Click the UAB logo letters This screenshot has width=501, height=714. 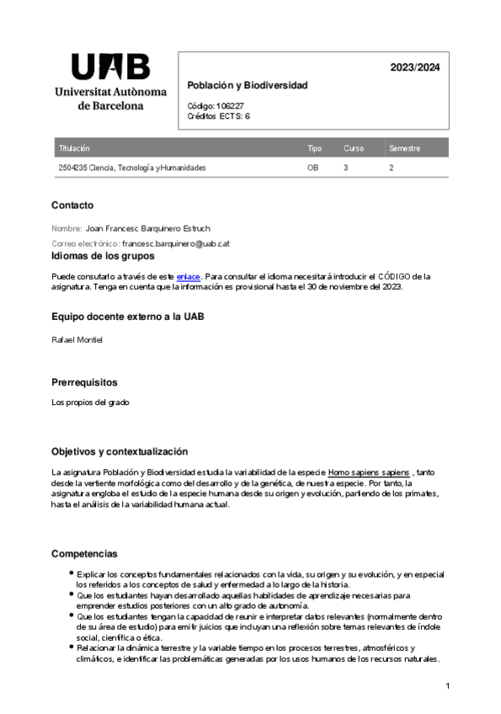[x=110, y=67]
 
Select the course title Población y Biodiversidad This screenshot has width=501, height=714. [x=248, y=86]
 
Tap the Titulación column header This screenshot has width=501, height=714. [x=74, y=148]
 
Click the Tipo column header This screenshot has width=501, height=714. [x=314, y=148]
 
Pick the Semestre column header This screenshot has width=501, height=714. [x=404, y=148]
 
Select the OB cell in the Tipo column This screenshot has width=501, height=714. [x=312, y=168]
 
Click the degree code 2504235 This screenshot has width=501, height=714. [x=72, y=168]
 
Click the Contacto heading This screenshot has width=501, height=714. [x=72, y=205]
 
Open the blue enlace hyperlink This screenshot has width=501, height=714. [x=188, y=276]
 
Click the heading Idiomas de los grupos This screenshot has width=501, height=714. [x=103, y=256]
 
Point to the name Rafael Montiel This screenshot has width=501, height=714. [x=77, y=339]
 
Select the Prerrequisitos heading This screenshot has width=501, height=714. [x=90, y=382]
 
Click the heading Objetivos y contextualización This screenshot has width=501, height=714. [x=119, y=452]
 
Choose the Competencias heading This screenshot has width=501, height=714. [x=84, y=554]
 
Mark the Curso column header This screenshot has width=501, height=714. [x=354, y=148]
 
